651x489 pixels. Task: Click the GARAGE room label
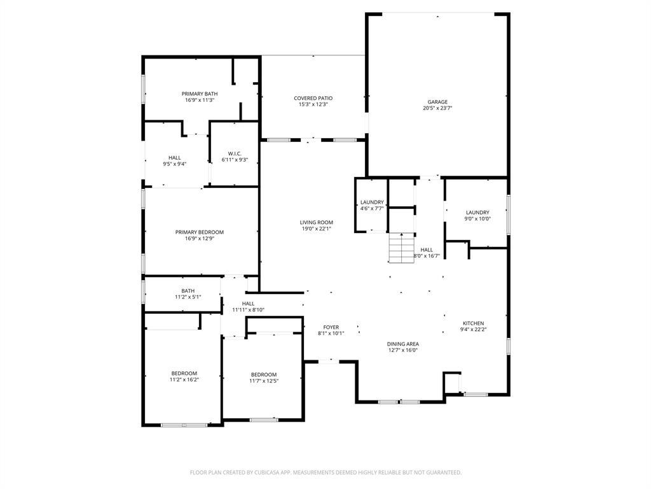tap(437, 102)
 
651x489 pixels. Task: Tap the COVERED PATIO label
tap(313, 98)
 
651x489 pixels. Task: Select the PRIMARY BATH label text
tap(200, 94)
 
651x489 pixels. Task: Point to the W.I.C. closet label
tap(235, 153)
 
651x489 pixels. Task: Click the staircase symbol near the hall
tap(401, 248)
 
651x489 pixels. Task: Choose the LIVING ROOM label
tap(317, 222)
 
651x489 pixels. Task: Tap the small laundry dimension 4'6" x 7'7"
tap(372, 208)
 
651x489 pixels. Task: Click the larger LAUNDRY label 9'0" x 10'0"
tap(477, 213)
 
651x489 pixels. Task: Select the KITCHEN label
tap(473, 323)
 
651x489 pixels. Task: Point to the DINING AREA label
tap(403, 344)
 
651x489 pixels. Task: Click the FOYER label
tap(331, 327)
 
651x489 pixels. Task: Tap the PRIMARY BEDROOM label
tap(200, 232)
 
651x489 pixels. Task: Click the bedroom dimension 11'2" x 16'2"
tap(184, 379)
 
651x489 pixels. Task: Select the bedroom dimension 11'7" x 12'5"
tap(263, 381)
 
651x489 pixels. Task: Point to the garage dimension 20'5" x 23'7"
tap(437, 108)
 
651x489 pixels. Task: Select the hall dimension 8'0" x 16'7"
tap(427, 256)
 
